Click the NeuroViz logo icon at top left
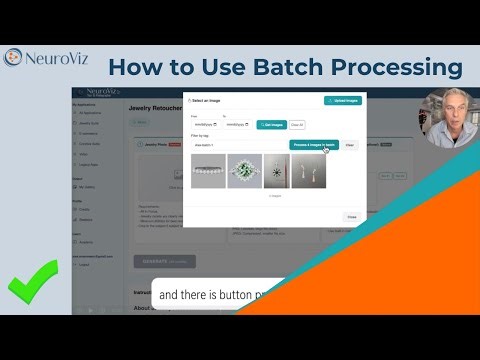coord(15,59)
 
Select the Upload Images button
coord(343,101)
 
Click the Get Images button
coord(271,124)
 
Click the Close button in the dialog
coord(351,216)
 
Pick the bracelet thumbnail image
coord(207,171)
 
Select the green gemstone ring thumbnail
coord(243,171)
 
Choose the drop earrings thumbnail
coord(310,171)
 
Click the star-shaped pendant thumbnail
coord(277,171)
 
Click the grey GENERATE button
coord(165,261)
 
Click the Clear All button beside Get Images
coord(296,124)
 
